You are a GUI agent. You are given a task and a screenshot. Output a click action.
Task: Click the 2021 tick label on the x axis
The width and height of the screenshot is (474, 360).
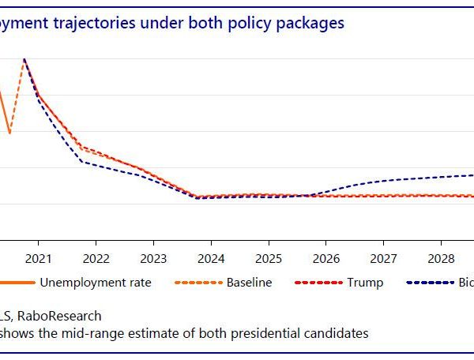tap(38, 258)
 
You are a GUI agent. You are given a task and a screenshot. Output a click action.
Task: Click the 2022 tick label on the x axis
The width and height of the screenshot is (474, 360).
tap(96, 258)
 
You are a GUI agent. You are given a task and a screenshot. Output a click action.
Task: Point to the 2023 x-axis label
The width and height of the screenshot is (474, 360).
tap(153, 258)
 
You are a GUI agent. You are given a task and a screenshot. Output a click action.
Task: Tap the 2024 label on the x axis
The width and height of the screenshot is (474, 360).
tap(211, 258)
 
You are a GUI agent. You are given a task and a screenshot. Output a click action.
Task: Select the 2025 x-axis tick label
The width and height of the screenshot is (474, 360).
tap(269, 258)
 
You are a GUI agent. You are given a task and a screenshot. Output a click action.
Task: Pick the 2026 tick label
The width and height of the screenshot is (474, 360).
tap(326, 258)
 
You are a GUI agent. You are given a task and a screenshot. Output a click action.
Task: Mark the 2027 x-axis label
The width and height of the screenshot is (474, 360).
tap(384, 258)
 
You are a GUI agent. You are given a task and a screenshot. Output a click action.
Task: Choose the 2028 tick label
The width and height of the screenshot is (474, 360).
tap(441, 258)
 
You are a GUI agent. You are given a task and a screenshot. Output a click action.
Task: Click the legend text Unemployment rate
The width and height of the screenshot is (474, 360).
tap(96, 282)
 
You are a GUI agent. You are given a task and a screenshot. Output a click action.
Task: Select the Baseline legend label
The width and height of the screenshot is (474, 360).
tap(249, 282)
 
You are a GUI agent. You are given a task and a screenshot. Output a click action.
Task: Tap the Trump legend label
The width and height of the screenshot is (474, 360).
tap(366, 282)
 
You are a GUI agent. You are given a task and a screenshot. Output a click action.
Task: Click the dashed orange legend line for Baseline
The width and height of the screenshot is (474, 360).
tap(197, 282)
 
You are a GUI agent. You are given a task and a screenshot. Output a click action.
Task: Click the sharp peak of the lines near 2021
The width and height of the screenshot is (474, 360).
tap(24, 58)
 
